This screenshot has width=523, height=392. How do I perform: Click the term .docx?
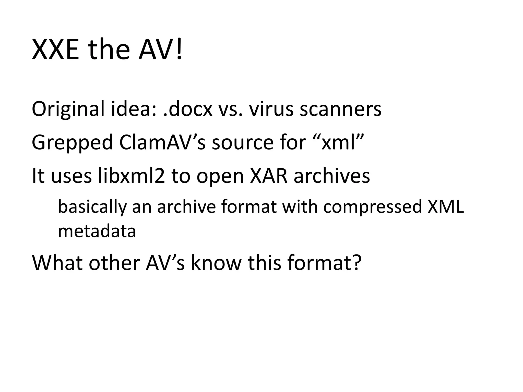click(x=188, y=109)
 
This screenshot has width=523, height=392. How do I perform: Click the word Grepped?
click(x=72, y=143)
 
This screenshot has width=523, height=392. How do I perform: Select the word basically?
click(x=92, y=207)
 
